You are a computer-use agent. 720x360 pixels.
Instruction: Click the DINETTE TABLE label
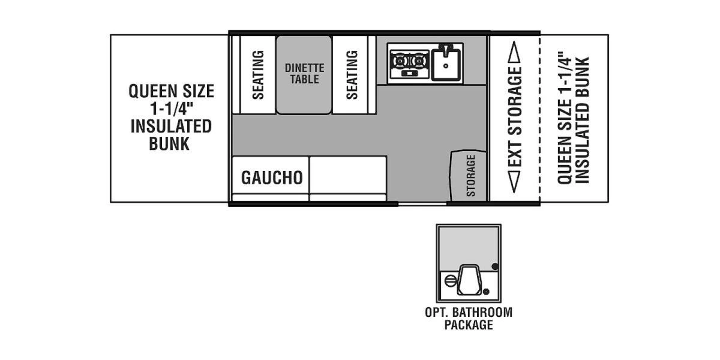coord(304,74)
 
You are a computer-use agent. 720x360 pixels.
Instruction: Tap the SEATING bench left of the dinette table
coord(257,74)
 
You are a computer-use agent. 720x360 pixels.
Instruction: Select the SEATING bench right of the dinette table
coord(352,74)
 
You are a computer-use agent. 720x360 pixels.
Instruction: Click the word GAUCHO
coord(272,178)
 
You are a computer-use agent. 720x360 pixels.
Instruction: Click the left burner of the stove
coord(400,61)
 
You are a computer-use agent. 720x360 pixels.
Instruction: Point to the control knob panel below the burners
coord(409,74)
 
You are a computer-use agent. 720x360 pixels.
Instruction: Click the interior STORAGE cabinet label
coord(471,176)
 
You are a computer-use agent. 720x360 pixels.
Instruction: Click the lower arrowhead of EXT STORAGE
coord(514,183)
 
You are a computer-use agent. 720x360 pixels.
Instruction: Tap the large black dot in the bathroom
coord(495,267)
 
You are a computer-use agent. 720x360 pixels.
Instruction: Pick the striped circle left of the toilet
coord(450,280)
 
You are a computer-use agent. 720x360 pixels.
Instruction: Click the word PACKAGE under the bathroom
coord(469,325)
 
